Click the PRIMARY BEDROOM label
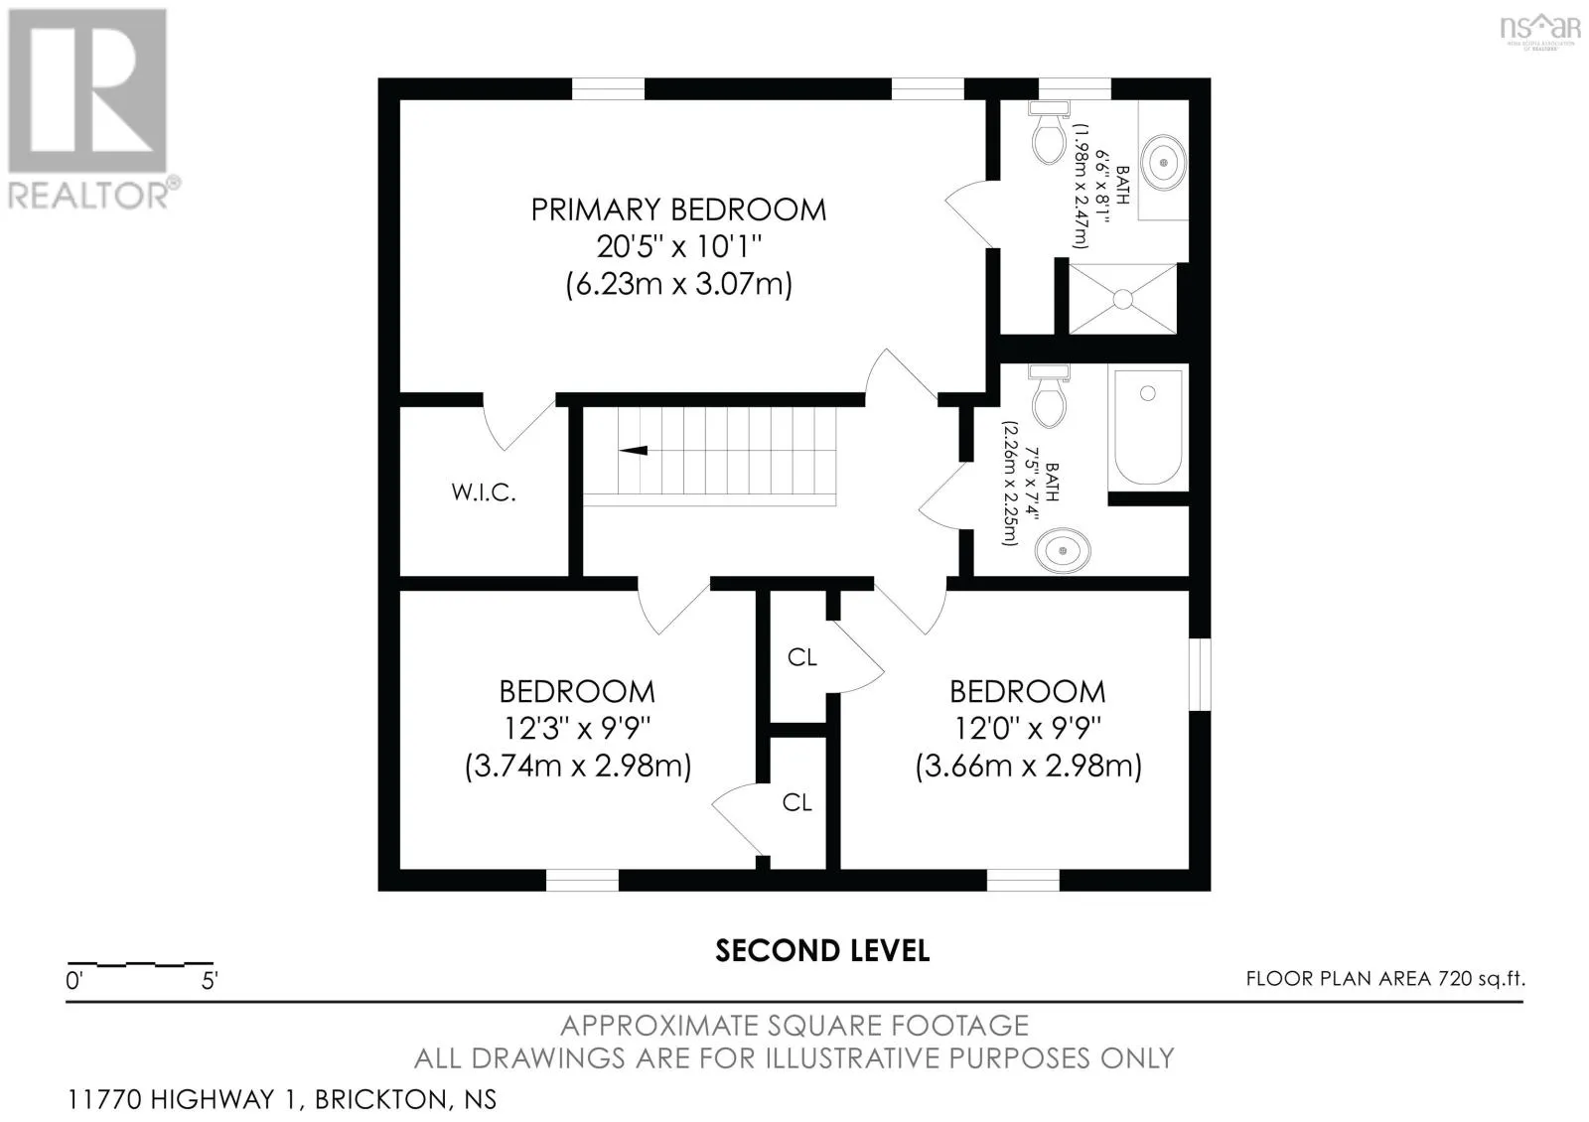click(678, 210)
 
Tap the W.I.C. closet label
click(483, 491)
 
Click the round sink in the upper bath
click(1163, 163)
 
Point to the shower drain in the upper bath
click(1122, 299)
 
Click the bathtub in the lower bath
click(1148, 428)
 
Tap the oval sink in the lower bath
click(1062, 550)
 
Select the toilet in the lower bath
click(1049, 396)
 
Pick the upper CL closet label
click(802, 657)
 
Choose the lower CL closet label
click(796, 802)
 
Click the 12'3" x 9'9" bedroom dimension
click(577, 728)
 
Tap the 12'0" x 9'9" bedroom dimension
click(1028, 728)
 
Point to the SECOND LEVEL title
click(822, 951)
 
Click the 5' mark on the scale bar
click(210, 981)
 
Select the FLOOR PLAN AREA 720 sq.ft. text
click(1385, 979)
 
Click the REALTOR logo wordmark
click(89, 195)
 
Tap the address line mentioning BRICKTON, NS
click(282, 1099)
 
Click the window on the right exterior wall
click(1200, 674)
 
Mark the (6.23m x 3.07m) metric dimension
click(678, 284)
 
